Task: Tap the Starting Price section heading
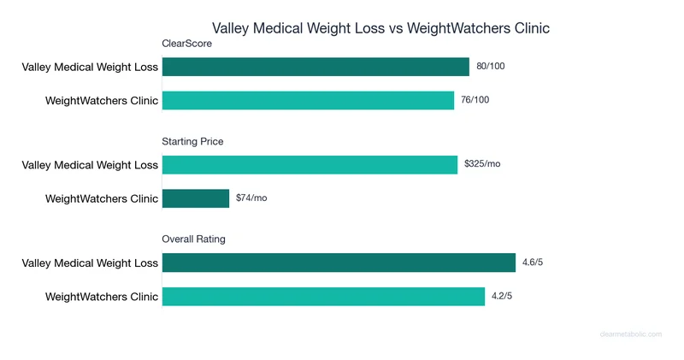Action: point(193,141)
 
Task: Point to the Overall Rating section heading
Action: point(194,239)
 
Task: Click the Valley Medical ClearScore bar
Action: point(315,67)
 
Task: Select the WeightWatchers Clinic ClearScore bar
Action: point(308,100)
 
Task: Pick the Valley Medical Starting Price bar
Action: point(310,164)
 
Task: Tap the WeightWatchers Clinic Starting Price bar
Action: point(196,198)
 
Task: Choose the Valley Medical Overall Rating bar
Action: point(339,263)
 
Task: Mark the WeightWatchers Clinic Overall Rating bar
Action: point(323,296)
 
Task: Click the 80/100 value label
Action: point(491,66)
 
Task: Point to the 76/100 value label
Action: point(475,100)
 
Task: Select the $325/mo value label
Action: point(482,164)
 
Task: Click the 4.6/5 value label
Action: point(529,262)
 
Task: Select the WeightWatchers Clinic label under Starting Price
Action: point(102,199)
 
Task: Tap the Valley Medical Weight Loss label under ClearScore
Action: point(91,67)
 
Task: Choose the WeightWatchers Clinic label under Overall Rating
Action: point(102,297)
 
